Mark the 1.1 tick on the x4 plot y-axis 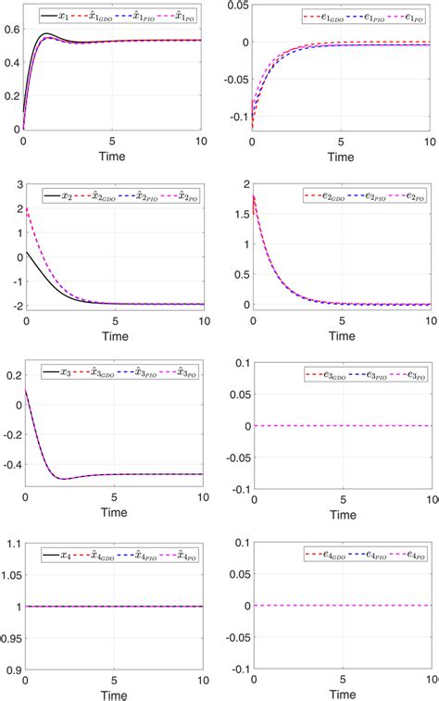[13, 544]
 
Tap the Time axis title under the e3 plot [343, 512]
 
